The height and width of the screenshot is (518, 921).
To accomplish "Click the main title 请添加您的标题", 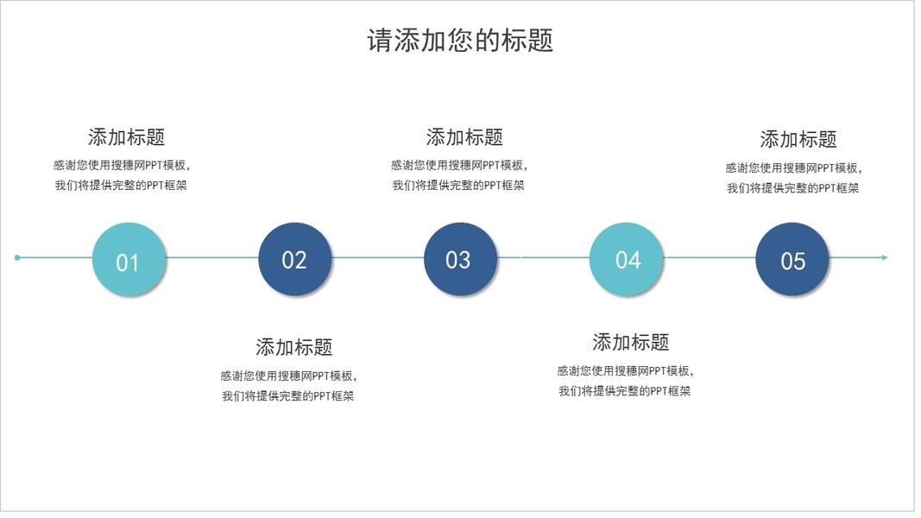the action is tap(460, 41).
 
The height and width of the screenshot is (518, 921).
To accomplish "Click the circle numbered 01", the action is tap(129, 259).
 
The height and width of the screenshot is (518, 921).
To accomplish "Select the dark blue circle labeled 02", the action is tap(294, 259).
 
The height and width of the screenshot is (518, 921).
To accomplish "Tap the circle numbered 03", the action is tap(460, 259).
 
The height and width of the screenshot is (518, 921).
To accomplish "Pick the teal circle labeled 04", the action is tap(627, 259).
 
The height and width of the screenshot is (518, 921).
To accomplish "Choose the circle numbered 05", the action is tap(792, 259).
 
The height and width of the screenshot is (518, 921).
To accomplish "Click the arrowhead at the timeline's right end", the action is tap(883, 257).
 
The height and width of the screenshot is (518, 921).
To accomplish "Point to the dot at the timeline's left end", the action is tap(17, 257).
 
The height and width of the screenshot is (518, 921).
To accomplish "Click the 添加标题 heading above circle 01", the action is tap(126, 136).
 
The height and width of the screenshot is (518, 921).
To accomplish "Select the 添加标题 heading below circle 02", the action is tap(293, 347).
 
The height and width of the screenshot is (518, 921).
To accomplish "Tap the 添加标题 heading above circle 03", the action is tap(464, 136).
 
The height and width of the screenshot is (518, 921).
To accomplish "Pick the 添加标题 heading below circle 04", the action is tap(630, 342).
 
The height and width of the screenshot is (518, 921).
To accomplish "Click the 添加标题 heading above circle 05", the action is tap(798, 139).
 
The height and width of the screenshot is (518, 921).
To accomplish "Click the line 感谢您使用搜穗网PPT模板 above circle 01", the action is tap(121, 165).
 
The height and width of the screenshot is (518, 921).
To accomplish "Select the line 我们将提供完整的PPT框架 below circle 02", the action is tap(287, 396).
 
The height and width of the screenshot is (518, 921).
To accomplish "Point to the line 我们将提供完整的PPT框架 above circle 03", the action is tap(458, 185).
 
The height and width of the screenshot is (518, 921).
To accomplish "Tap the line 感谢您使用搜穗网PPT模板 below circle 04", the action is tap(625, 370).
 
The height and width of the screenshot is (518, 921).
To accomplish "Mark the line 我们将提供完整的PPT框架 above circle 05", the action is tap(792, 187).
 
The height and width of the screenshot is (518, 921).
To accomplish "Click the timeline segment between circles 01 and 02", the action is tap(211, 257).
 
